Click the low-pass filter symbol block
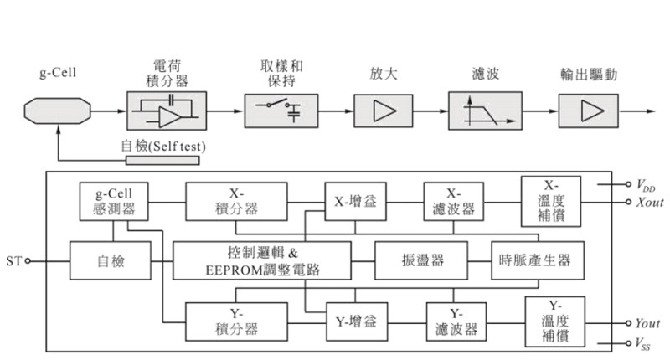click(479, 110)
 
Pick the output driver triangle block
click(589, 110)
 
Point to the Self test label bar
click(162, 147)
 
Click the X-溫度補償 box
click(551, 201)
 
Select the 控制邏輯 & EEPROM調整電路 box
click(261, 260)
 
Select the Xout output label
click(650, 201)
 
